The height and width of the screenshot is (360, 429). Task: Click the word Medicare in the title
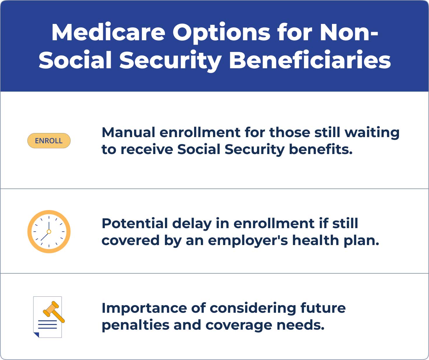108,32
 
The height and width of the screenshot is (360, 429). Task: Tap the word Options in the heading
221,33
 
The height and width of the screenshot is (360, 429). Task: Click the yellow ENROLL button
49,141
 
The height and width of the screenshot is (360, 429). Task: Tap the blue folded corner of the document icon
36,335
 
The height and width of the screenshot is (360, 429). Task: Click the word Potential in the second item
135,223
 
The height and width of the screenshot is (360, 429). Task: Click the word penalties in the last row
136,325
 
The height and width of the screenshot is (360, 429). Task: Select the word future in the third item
323,308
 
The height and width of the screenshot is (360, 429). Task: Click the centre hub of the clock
49,232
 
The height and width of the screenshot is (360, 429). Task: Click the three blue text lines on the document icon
48,324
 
